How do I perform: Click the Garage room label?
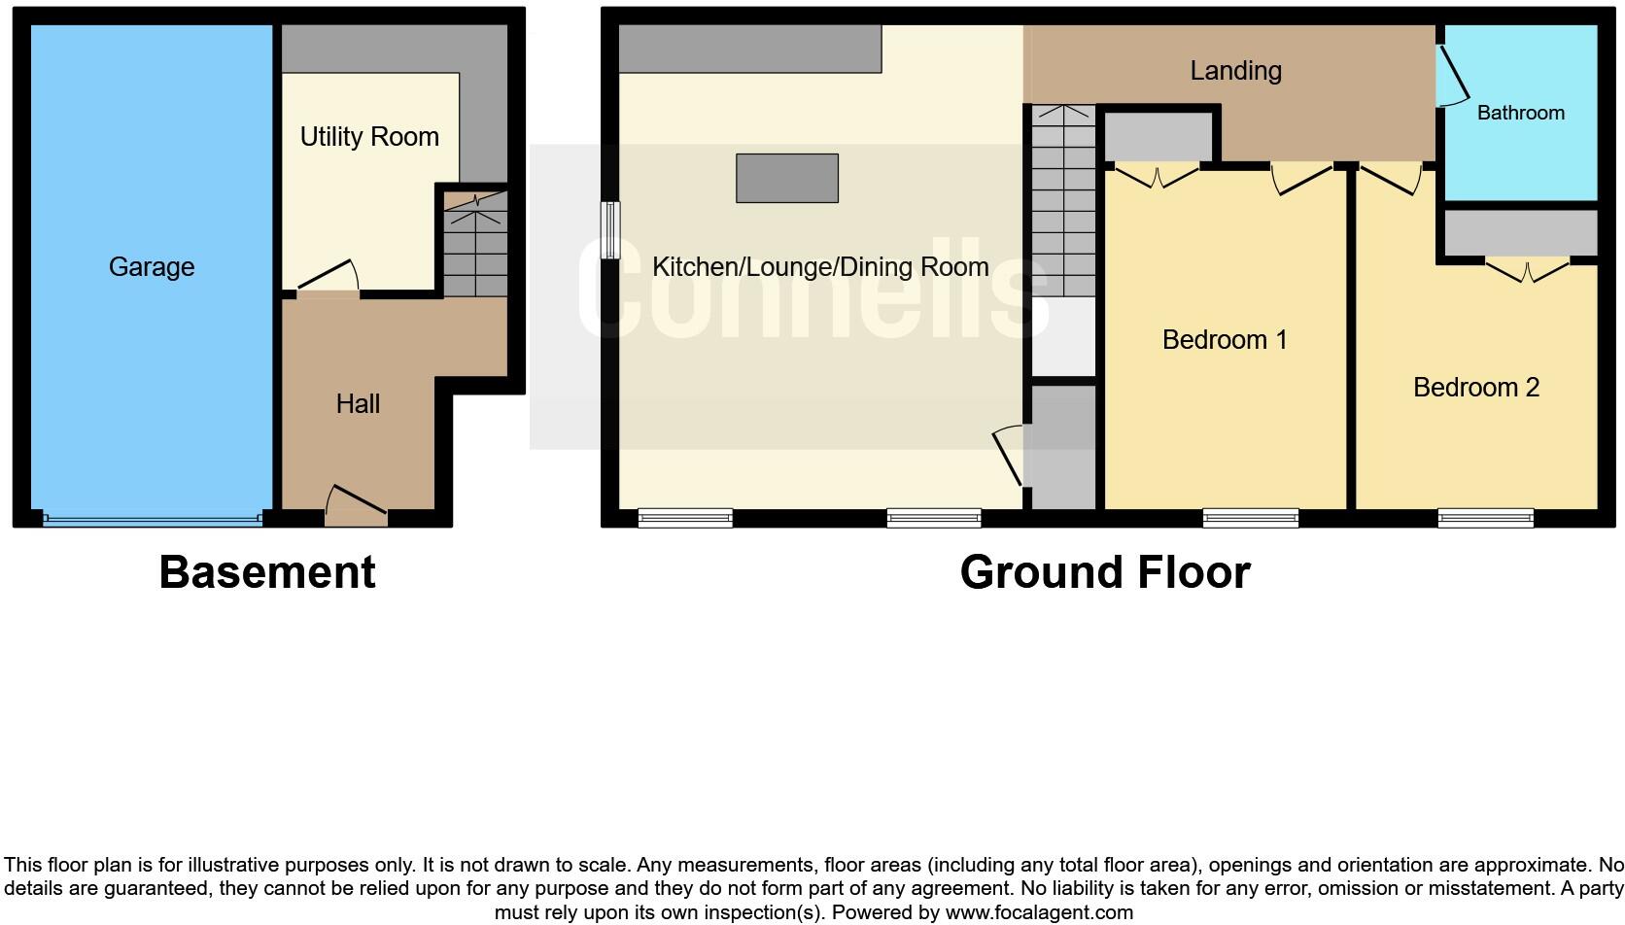[152, 267]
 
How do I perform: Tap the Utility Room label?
[369, 137]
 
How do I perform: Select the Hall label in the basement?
[358, 404]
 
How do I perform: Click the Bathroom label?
[1520, 113]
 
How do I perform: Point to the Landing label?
[1235, 71]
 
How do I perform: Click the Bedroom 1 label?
[1225, 340]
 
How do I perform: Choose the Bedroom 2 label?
[1475, 388]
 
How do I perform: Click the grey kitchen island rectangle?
[787, 178]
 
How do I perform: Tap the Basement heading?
[267, 572]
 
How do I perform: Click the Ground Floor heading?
[1105, 572]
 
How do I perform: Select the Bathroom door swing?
[1453, 76]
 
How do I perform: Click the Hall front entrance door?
[356, 504]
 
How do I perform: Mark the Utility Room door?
[328, 278]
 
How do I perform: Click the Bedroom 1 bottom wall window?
[1250, 518]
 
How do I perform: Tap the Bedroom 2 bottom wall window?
[1485, 518]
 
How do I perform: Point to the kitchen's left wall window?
[609, 230]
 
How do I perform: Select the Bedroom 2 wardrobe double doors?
[1527, 269]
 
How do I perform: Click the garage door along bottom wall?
[152, 520]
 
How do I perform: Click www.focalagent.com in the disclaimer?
[1039, 913]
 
